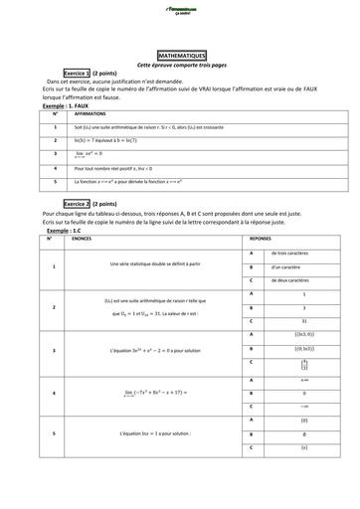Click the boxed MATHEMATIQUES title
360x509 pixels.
coord(180,57)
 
